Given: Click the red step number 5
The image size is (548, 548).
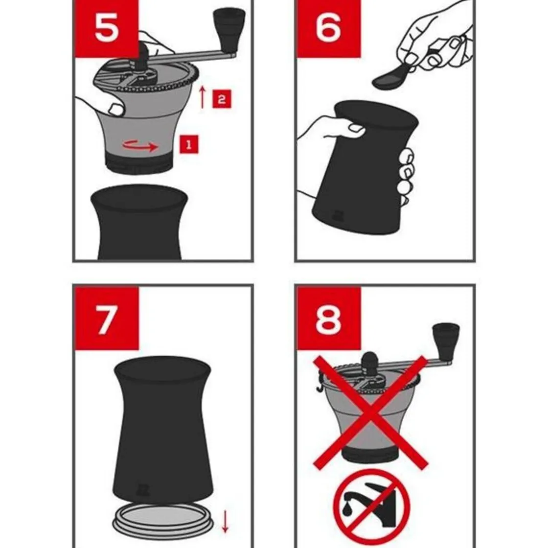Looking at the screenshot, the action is coord(107,29).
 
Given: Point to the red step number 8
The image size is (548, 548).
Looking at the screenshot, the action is coord(328,319).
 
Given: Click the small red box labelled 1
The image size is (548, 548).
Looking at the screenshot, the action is coord(189,144).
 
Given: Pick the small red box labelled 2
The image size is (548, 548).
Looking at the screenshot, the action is coord(222,99).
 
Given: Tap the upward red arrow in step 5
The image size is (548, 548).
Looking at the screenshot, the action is coord(202,97).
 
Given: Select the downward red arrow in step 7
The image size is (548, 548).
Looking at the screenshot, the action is coord(225,521).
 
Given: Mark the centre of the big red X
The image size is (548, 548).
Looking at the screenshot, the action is coord(370,412).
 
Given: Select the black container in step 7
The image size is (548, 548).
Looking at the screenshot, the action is coord(163,430).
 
